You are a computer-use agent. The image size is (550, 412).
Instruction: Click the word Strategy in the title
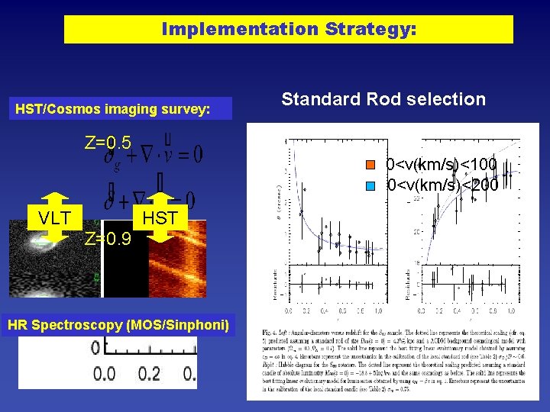point(370,30)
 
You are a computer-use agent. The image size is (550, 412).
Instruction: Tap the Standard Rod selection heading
point(383,99)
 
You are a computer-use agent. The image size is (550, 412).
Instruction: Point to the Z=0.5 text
point(108,143)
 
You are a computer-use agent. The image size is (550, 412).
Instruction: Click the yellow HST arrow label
point(160,218)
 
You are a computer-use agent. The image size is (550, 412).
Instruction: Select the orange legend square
point(371,165)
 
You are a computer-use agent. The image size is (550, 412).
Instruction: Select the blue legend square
point(371,185)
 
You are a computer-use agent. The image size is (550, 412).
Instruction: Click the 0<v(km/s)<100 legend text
point(442,165)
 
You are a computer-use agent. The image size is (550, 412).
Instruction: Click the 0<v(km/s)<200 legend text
point(442,185)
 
